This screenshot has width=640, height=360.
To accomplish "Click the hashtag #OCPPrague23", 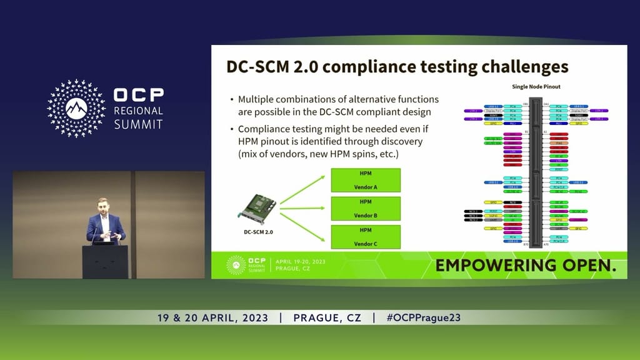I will coord(423,317).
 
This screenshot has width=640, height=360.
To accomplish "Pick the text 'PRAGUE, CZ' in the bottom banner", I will coord(327,317).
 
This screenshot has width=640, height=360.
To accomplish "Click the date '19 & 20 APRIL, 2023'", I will coord(212,317).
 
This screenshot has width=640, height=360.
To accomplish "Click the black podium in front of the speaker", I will coord(105,261).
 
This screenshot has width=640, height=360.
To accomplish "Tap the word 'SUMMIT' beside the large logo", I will coord(138,124).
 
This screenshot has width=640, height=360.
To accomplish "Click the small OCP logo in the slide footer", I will coord(236,264).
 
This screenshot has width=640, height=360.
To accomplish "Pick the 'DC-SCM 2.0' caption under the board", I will coord(258,232).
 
